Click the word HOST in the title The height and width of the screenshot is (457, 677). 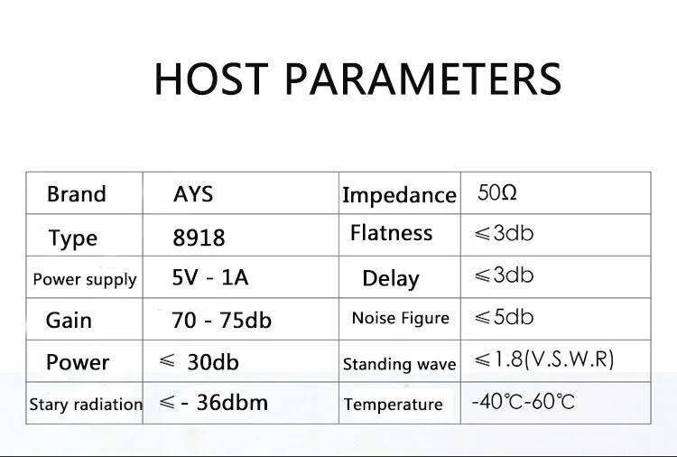coord(211,79)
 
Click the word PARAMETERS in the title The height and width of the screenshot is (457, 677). coord(423,79)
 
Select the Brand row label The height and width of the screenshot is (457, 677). coord(77,194)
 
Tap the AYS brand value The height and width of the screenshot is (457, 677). coord(193,194)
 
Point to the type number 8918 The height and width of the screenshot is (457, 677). coord(199,238)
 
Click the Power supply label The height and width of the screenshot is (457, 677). coord(85,280)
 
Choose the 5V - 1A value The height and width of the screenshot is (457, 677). coord(210,277)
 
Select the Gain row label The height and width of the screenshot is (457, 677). coord(69,321)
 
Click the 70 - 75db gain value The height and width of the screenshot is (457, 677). coord(221,320)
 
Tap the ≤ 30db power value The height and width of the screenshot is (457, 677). coord(199,361)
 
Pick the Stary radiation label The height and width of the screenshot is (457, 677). coord(86,405)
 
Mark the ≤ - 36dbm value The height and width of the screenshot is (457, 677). coord(214,403)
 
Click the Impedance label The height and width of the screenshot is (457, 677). coord(399,196)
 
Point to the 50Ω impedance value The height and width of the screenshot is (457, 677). coord(497,192)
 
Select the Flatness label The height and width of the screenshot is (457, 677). coord(391,233)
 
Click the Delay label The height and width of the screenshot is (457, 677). coord(391,278)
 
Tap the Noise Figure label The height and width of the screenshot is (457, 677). coord(401,318)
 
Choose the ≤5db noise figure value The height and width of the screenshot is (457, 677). coord(504,317)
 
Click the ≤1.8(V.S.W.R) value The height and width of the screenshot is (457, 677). coord(544,359)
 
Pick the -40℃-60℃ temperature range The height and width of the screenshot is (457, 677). coord(524,402)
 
